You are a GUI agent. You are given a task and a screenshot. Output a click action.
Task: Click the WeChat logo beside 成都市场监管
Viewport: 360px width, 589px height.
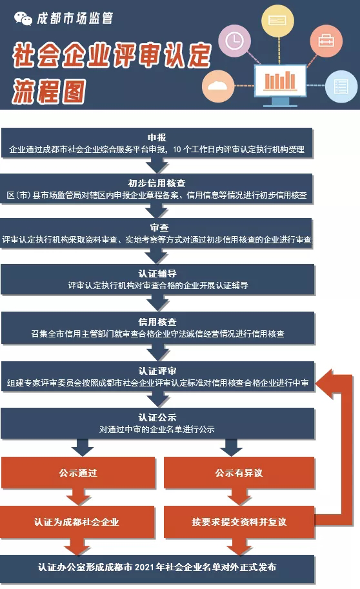click(x=23, y=19)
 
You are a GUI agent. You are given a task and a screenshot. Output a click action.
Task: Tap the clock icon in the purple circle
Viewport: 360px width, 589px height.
click(x=235, y=41)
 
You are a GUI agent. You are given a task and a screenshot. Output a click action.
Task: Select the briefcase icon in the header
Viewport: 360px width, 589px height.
click(x=325, y=40)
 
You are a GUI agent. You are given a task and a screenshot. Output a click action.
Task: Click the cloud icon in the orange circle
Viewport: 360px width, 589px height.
click(x=218, y=86)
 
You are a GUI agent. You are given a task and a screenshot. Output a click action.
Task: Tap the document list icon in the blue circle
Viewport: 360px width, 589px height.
click(x=340, y=86)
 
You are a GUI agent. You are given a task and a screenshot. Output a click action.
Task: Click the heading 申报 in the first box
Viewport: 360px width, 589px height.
click(x=157, y=138)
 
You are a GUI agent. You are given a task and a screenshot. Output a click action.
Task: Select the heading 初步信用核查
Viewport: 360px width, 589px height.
click(x=157, y=183)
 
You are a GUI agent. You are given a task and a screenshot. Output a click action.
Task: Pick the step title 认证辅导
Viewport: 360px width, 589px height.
click(x=157, y=274)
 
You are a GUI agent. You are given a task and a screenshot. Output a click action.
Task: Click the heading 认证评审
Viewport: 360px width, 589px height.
click(x=157, y=372)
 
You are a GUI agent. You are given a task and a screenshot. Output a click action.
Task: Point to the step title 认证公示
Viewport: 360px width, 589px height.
click(x=157, y=417)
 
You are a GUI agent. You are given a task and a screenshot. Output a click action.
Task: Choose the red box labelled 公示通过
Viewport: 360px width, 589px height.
click(x=78, y=473)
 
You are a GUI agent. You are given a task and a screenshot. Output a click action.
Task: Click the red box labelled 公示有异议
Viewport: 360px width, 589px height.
click(x=239, y=473)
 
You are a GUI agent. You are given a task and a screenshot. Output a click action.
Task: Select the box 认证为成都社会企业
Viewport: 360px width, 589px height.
click(x=77, y=521)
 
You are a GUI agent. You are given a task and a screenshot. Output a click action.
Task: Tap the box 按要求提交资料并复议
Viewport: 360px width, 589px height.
click(x=239, y=521)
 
